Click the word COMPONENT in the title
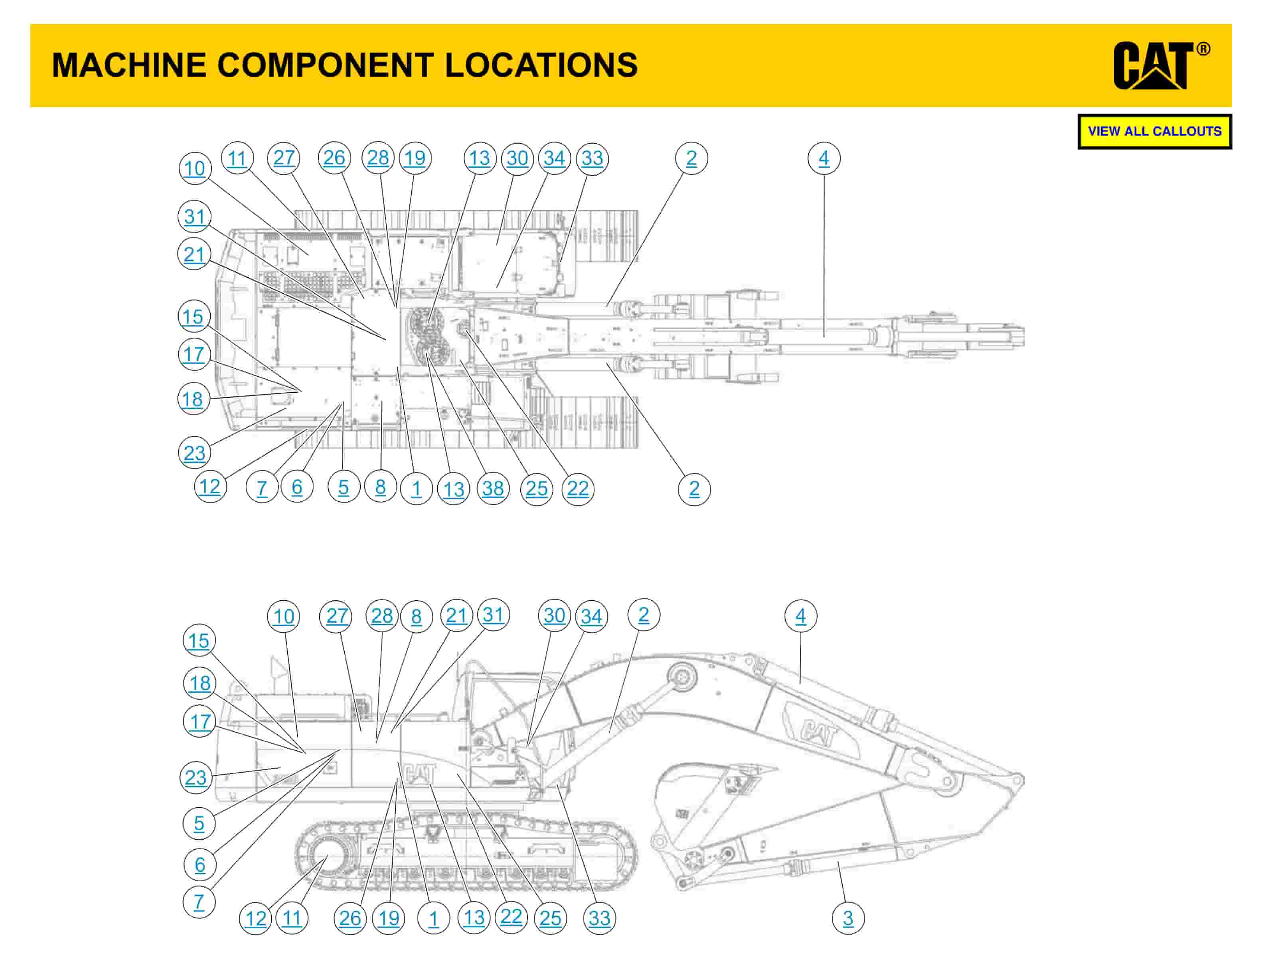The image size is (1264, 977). coord(325,64)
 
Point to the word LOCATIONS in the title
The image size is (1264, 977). coord(541,64)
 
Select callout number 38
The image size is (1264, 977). coord(493,489)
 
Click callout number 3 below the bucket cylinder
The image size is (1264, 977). coord(848,918)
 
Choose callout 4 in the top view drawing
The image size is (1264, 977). coord(824,158)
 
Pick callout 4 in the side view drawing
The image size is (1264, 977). coord(800,616)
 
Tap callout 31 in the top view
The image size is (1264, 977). coord(194,216)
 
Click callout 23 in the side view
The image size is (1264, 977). coord(196,777)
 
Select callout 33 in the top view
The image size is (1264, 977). coord(592,158)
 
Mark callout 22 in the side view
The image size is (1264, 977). coord(511,917)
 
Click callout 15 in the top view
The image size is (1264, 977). coord(193,316)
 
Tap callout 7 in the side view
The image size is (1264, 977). coord(199,902)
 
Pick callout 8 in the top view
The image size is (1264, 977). coord(380,487)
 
